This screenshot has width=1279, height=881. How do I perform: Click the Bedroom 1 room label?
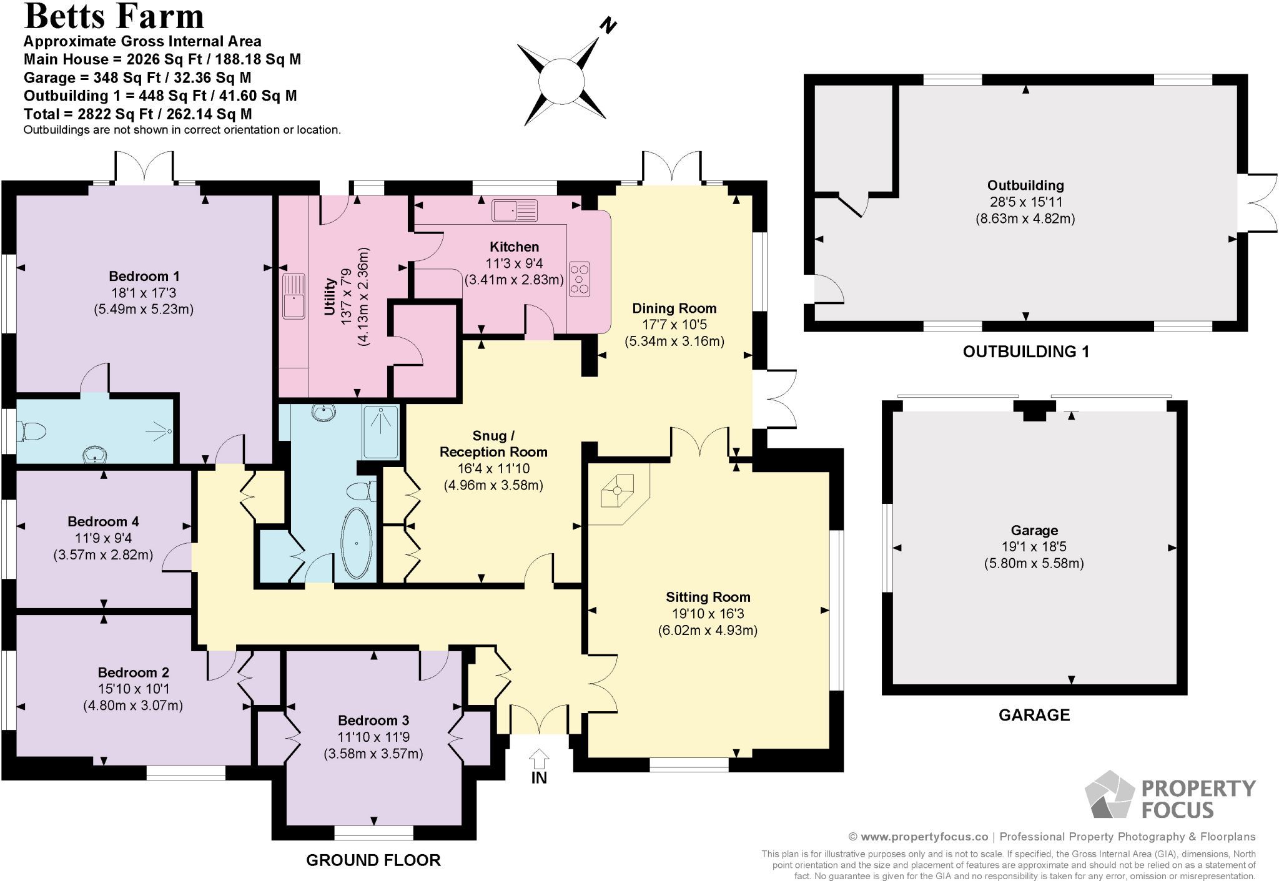144,276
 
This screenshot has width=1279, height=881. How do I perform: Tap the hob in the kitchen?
580,278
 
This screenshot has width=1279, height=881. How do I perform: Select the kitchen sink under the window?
515,210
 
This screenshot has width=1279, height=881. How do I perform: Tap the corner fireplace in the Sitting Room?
618,491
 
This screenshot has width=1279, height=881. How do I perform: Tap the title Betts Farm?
114,16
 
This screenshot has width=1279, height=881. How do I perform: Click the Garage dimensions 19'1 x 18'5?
1034,546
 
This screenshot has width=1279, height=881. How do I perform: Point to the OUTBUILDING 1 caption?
1026,352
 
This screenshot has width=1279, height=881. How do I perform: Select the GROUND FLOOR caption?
373,860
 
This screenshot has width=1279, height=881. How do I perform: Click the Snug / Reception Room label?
493,443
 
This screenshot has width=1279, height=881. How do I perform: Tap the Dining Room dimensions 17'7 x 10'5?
674,325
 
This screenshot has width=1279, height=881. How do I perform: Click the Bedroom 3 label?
373,720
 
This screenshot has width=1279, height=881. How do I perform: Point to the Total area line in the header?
138,114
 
